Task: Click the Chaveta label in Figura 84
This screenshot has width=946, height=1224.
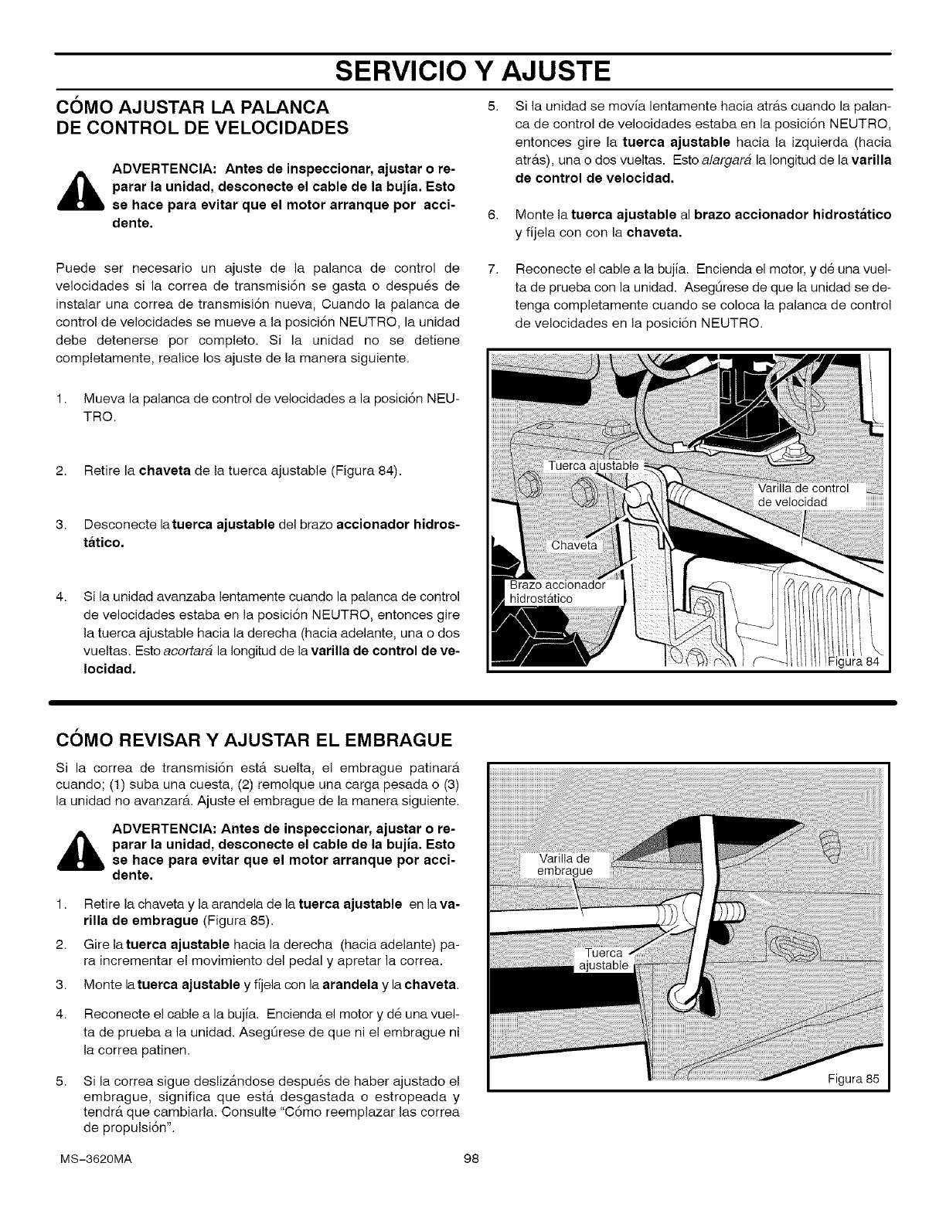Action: point(574,546)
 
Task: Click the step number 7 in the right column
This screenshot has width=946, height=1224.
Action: point(491,270)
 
